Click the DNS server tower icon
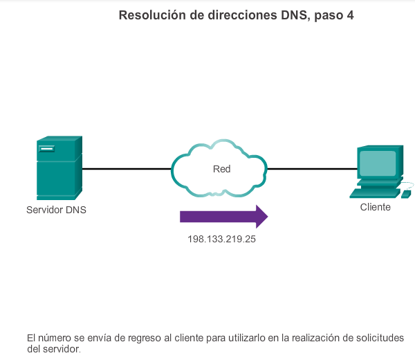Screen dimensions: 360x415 pos(59,168)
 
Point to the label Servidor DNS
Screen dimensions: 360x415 pos(57,210)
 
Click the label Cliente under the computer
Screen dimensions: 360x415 pos(376,207)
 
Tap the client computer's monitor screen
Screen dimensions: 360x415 pos(378,163)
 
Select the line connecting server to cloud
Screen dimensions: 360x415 pos(126,168)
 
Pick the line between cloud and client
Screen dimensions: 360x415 pos(311,168)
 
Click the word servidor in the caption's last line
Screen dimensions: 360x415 pos(62,349)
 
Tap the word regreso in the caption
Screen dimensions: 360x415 pos(152,338)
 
